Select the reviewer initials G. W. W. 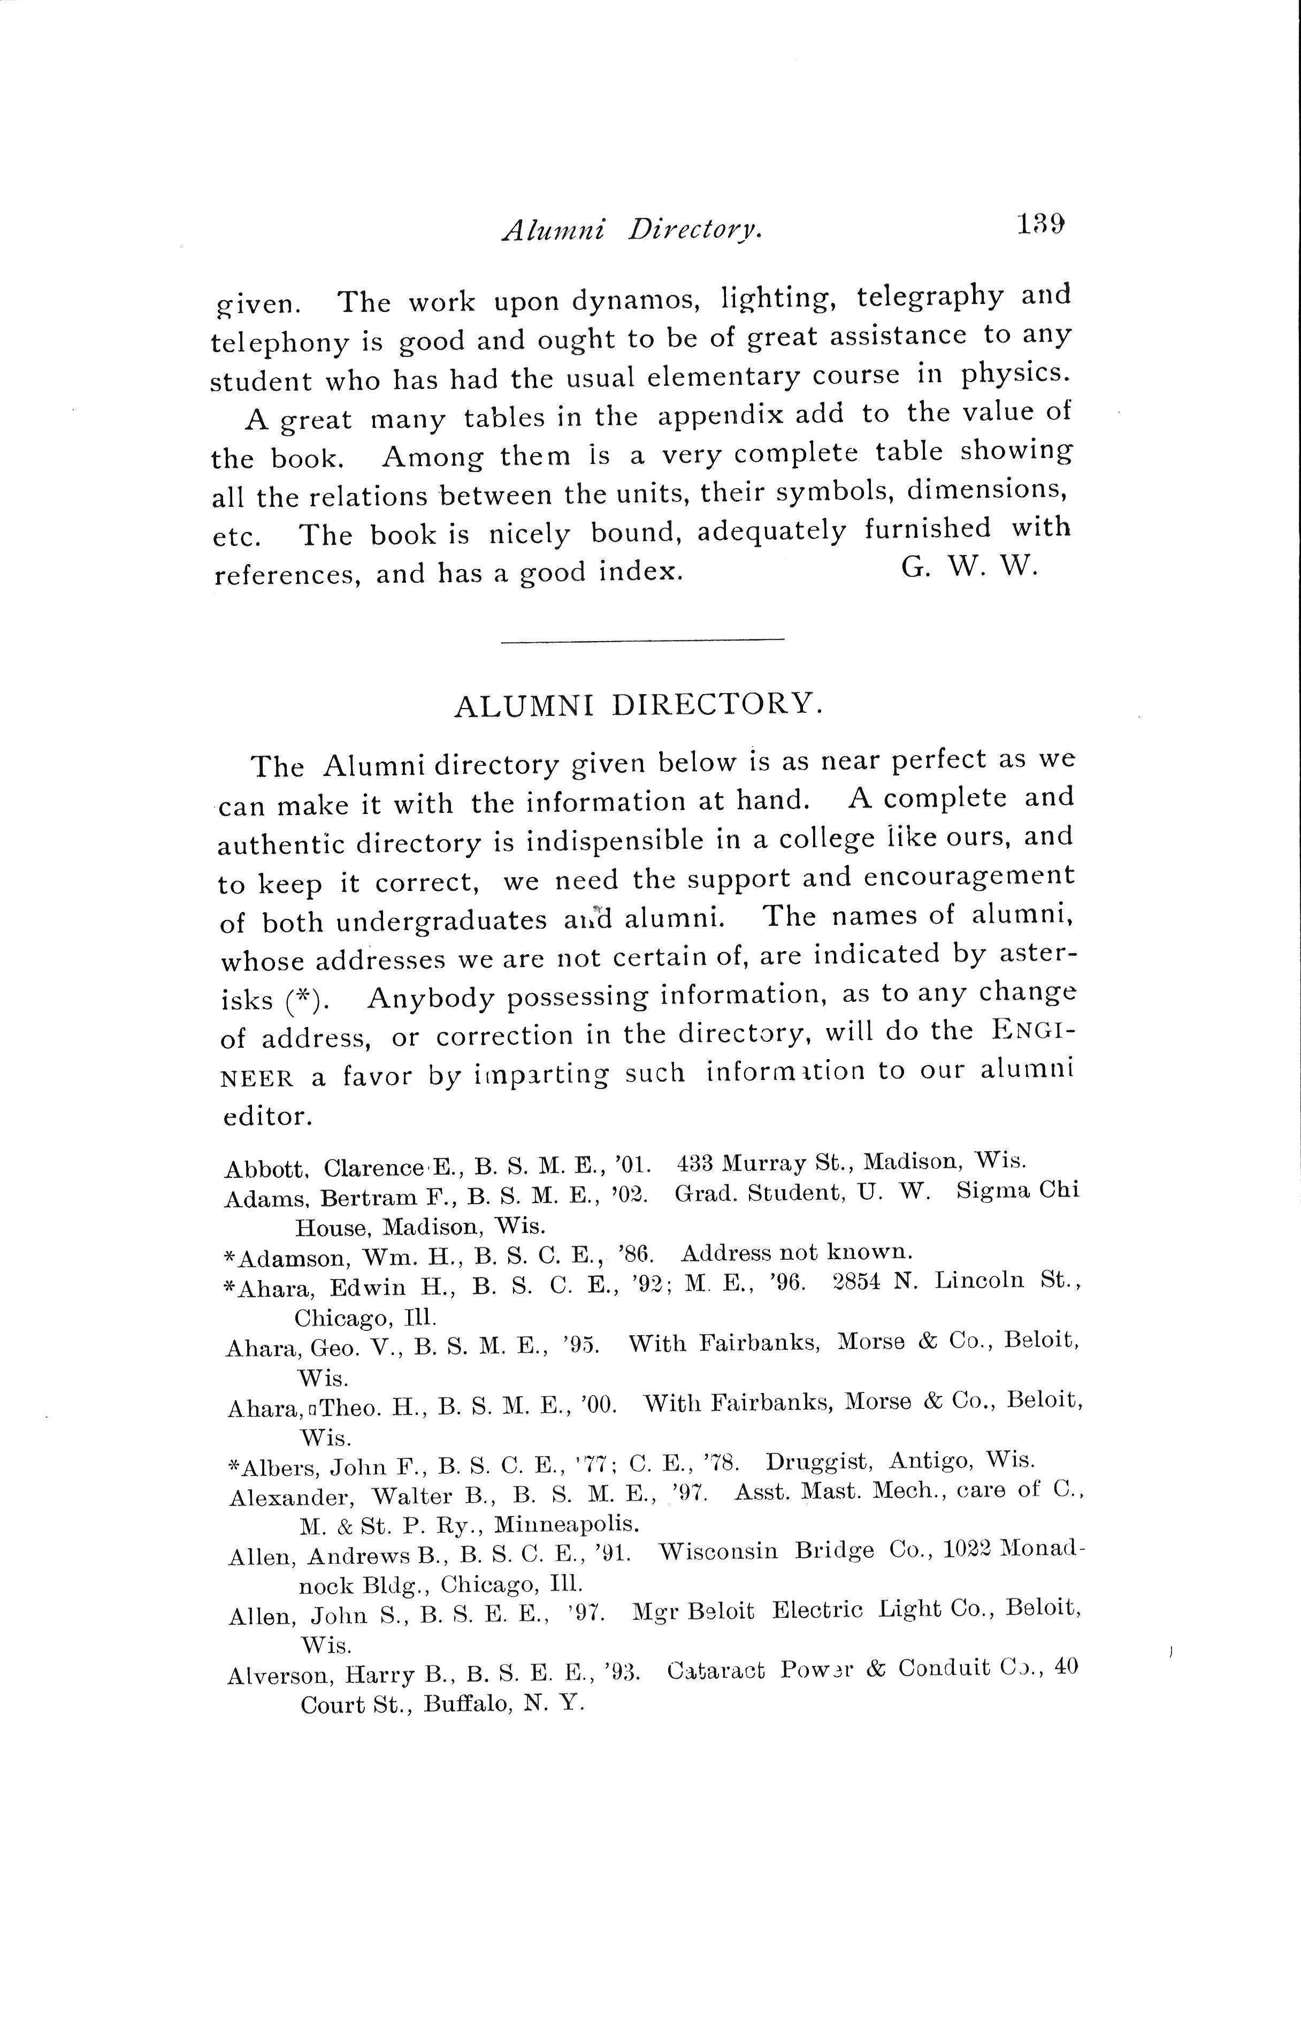pyautogui.click(x=969, y=568)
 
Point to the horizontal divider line pyautogui.click(x=642, y=639)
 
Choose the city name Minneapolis pyautogui.click(x=566, y=1524)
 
